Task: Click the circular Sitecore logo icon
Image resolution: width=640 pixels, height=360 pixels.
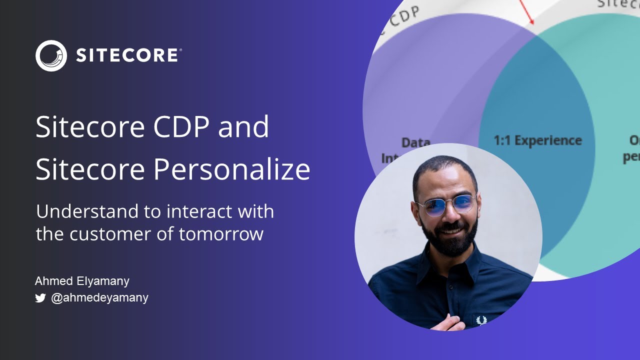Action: [x=51, y=55]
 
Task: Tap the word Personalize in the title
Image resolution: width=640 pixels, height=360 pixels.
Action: [x=231, y=169]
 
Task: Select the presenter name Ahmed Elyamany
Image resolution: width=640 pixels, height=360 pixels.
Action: [x=82, y=281]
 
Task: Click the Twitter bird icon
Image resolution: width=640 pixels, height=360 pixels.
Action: [x=40, y=298]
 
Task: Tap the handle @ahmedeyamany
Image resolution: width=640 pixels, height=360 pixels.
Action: [x=99, y=298]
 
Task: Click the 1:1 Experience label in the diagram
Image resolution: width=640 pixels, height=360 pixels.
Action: [x=537, y=140]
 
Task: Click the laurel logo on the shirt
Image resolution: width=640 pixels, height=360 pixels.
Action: [x=481, y=320]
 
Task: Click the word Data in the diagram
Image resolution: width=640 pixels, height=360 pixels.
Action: [x=415, y=142]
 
